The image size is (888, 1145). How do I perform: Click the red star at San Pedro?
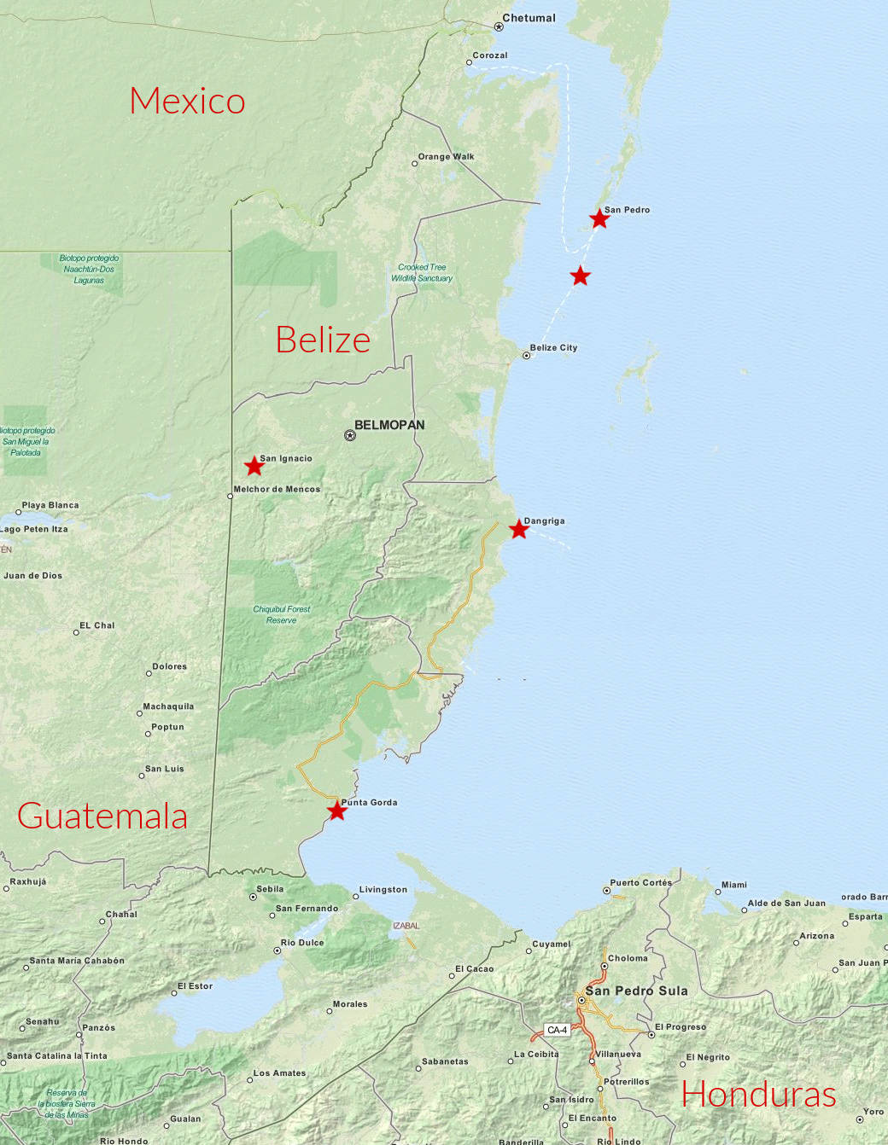point(599,219)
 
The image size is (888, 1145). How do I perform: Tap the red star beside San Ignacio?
point(254,466)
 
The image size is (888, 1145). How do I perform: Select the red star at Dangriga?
point(518,529)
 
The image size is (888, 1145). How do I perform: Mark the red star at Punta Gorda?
point(337,811)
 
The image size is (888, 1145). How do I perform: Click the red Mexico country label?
point(187,101)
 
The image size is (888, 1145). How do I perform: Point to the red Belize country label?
point(323,340)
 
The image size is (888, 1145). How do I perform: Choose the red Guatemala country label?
point(102,816)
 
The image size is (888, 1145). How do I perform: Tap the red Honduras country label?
point(758,1094)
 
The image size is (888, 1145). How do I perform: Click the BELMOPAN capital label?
point(389,425)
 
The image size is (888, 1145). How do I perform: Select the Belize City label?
point(553,347)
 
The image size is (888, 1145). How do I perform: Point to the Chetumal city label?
point(529,18)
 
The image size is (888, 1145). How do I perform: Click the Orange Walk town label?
point(446,156)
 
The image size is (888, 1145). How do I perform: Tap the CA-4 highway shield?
point(557,1030)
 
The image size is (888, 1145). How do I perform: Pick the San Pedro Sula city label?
point(636,991)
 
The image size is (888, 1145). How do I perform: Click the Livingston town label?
point(383,889)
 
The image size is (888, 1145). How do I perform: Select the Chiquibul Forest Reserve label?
point(282,614)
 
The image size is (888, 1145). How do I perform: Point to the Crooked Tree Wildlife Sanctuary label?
point(422,272)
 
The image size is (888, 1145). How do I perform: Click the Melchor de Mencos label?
point(277,489)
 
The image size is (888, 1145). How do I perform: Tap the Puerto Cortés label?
point(640,882)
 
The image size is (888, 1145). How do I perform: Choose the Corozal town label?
point(490,55)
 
